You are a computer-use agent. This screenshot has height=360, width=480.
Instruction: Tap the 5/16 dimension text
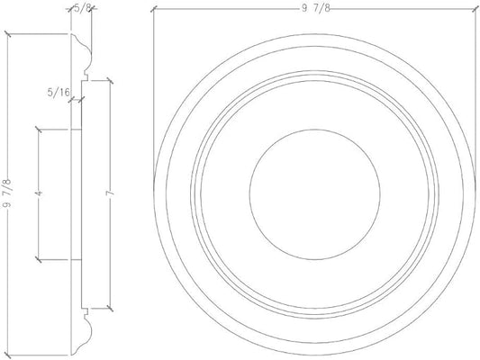(59, 91)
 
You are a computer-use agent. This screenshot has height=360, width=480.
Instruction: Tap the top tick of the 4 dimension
(37, 129)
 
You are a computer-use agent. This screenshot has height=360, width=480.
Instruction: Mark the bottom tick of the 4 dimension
(37, 260)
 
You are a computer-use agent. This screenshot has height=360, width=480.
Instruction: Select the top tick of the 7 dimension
(107, 79)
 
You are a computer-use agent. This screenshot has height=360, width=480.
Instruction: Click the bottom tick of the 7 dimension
(107, 307)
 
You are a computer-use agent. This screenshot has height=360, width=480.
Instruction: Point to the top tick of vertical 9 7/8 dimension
(8, 34)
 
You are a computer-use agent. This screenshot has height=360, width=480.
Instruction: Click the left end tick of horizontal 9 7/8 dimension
(154, 9)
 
